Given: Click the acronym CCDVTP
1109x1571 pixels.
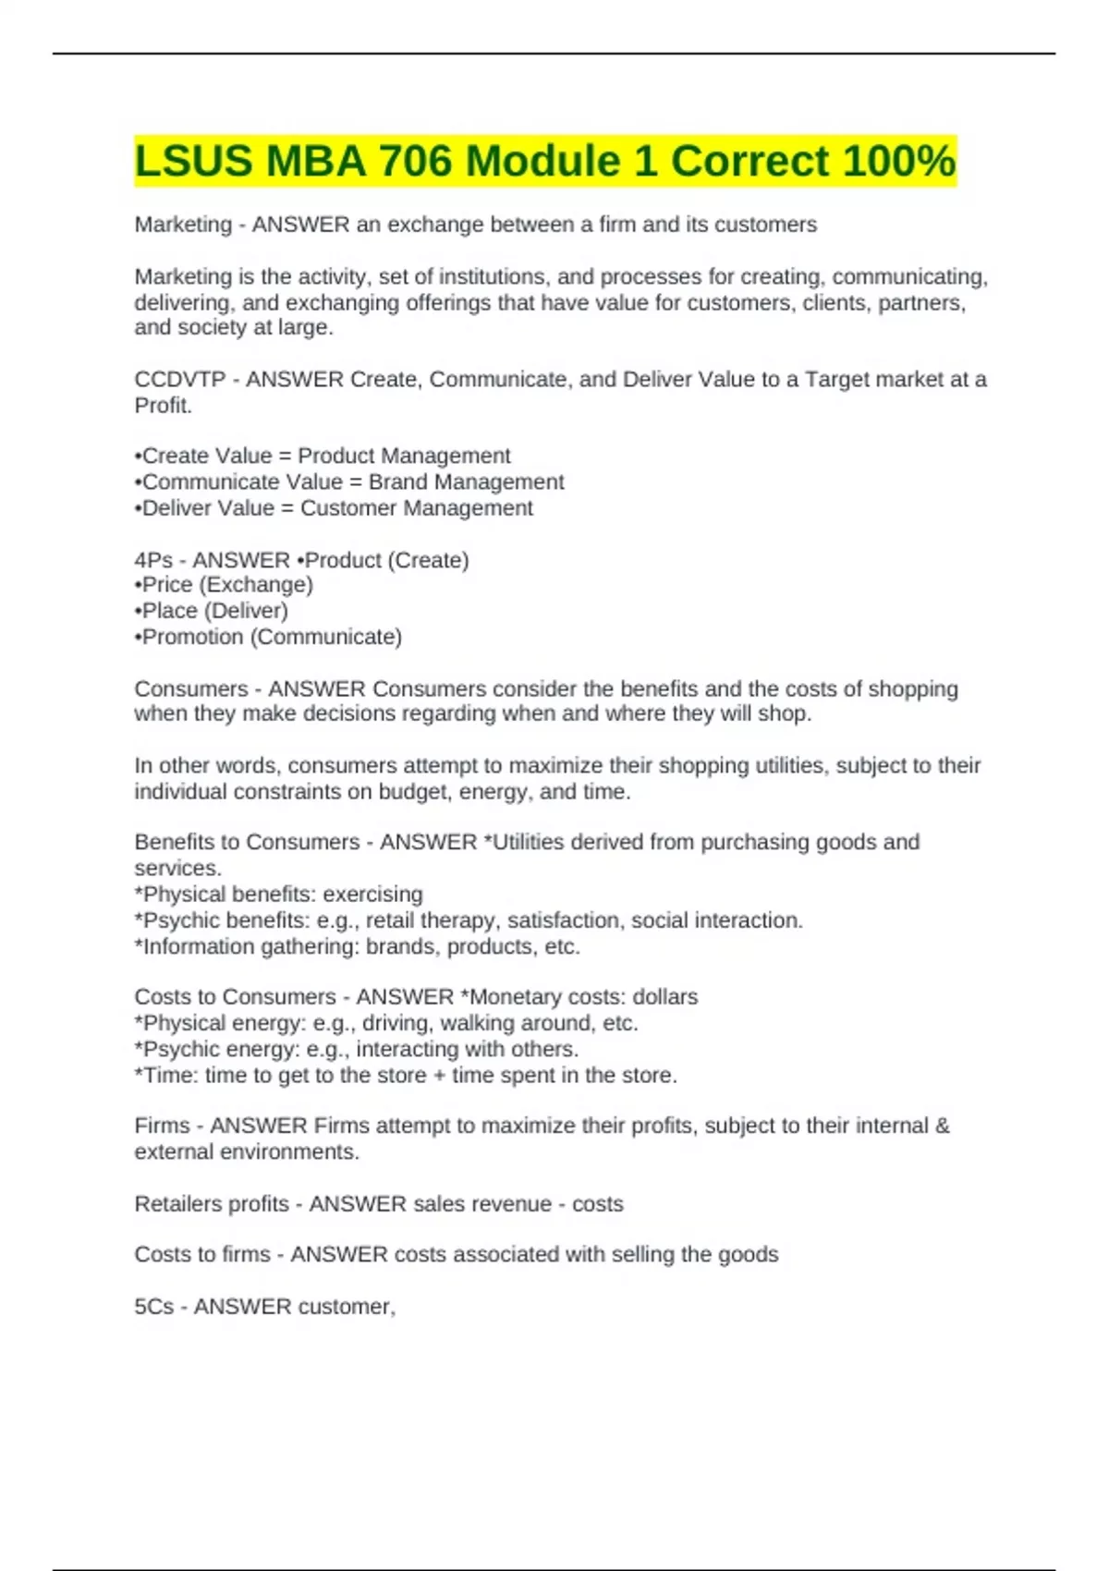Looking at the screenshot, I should [179, 380].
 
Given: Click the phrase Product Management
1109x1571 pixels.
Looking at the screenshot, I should [404, 457].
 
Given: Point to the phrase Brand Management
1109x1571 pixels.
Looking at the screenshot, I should [466, 482].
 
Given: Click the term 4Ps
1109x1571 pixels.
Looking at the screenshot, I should [152, 561].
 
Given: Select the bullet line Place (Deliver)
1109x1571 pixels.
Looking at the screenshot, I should [212, 611].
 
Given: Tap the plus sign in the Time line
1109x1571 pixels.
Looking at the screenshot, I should [439, 1076].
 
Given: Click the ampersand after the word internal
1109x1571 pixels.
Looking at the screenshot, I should [942, 1126].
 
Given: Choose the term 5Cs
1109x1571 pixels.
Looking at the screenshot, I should [153, 1307].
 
